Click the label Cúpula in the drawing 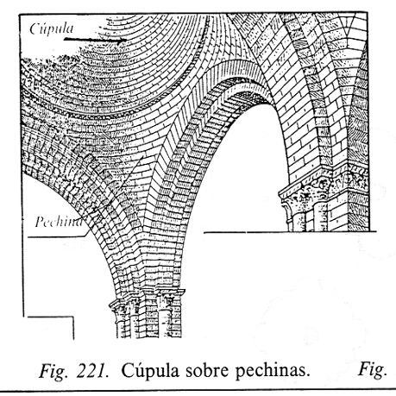(52, 28)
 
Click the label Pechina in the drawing (59, 222)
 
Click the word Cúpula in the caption (151, 371)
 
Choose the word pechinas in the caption (273, 372)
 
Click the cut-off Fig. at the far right (372, 369)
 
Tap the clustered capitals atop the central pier (148, 302)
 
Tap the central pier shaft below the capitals (149, 325)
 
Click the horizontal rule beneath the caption (198, 392)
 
